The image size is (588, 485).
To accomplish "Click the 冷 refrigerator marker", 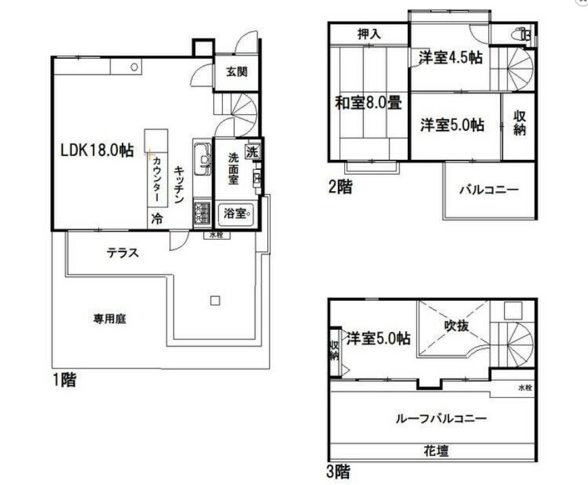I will [x=156, y=219].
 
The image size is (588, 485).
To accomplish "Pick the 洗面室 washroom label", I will [x=232, y=169].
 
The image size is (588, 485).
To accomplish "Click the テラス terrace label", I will [x=123, y=253].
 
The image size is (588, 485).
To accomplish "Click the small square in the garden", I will [x=215, y=301].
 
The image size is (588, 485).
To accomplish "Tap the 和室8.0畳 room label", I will [x=369, y=104].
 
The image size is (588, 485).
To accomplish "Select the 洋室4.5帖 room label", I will [x=450, y=58].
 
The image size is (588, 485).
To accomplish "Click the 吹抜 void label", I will [x=457, y=325].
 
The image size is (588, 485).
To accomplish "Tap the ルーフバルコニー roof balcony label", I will [x=440, y=419].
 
